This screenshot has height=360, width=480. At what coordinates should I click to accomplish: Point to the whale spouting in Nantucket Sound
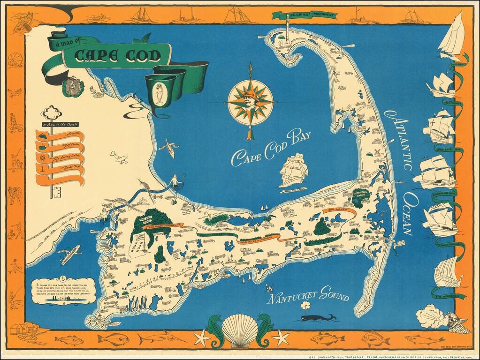click(x=317, y=317)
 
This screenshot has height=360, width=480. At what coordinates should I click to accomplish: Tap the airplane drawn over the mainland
click(x=119, y=157)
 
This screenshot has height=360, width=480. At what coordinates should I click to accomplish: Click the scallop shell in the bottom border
click(x=240, y=330)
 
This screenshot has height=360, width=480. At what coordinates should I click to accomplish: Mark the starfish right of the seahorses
click(x=281, y=337)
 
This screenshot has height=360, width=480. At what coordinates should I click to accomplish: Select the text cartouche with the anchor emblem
click(x=63, y=292)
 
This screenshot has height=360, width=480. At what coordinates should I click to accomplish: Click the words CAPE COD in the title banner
click(x=118, y=56)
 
